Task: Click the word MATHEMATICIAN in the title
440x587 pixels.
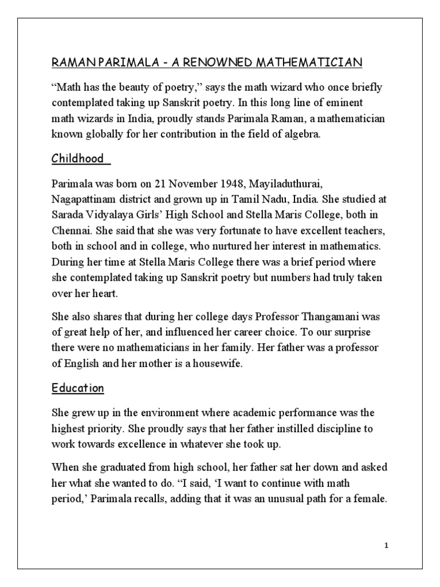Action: [314, 62]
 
